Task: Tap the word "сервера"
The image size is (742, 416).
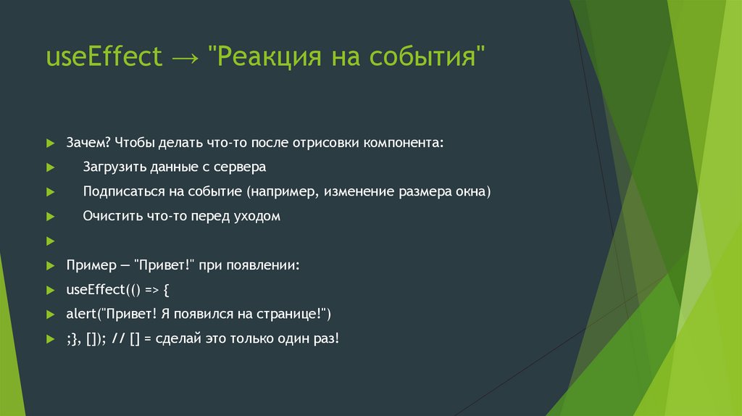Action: (241, 167)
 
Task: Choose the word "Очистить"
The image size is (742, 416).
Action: (109, 216)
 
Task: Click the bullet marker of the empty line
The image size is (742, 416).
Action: (49, 241)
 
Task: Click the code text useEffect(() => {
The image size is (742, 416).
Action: (117, 290)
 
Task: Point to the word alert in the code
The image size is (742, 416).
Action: (81, 315)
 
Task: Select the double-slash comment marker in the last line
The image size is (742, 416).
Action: (120, 339)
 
